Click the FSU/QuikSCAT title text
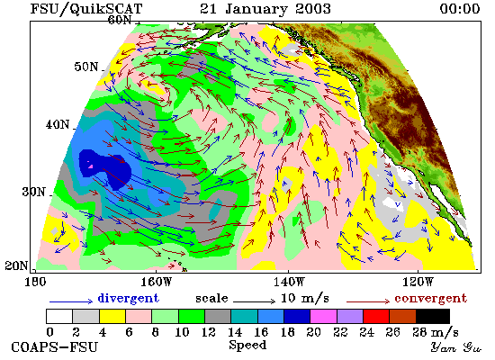86,9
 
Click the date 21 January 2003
265,8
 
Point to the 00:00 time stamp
460,8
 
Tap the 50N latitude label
86,67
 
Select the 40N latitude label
58,124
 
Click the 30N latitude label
33,192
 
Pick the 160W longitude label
157,282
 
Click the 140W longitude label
289,282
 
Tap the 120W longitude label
418,282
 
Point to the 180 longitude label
35,282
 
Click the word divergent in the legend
128,298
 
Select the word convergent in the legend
430,298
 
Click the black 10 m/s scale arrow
255,301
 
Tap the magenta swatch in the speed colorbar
324,317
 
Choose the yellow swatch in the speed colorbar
112,317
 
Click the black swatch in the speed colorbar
433,317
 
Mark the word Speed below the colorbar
247,345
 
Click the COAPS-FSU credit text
54,346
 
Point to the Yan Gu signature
456,347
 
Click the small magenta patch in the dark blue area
91,166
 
